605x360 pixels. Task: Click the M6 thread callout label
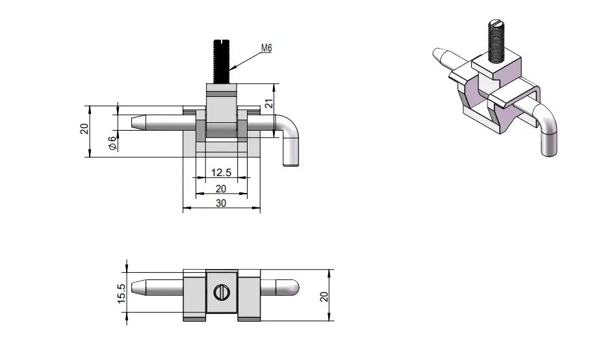[x=266, y=48]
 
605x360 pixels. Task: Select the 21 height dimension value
[x=269, y=103]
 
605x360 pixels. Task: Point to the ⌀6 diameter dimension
[x=112, y=143]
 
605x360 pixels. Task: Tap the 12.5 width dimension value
[x=221, y=172]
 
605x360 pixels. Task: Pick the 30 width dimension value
[x=221, y=203]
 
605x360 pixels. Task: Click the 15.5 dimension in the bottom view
[x=121, y=293]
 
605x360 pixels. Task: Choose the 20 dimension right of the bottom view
[x=324, y=296]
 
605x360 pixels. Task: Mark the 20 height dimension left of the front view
[x=84, y=129]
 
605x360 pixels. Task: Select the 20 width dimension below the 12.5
[x=221, y=188]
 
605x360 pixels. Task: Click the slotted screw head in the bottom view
[x=221, y=292]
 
